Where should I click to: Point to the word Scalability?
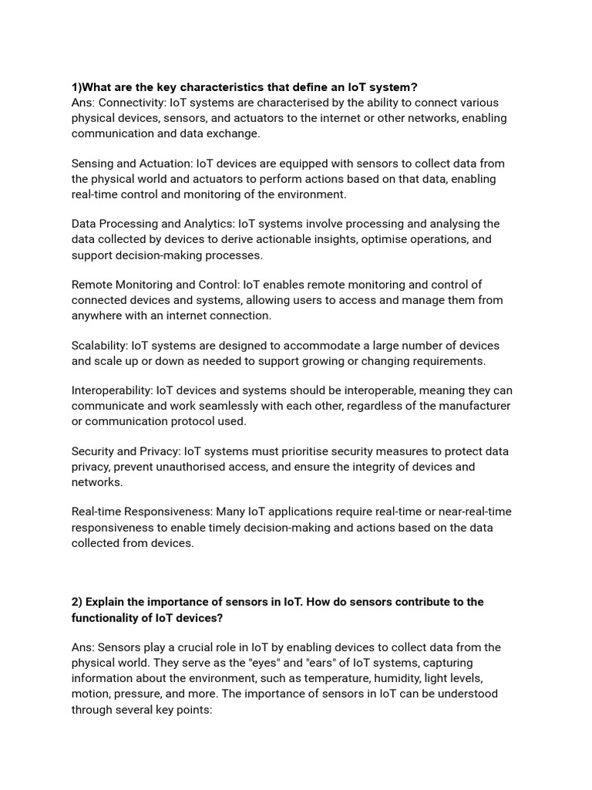point(99,346)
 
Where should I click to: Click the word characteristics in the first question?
point(218,87)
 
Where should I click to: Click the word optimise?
point(390,239)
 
